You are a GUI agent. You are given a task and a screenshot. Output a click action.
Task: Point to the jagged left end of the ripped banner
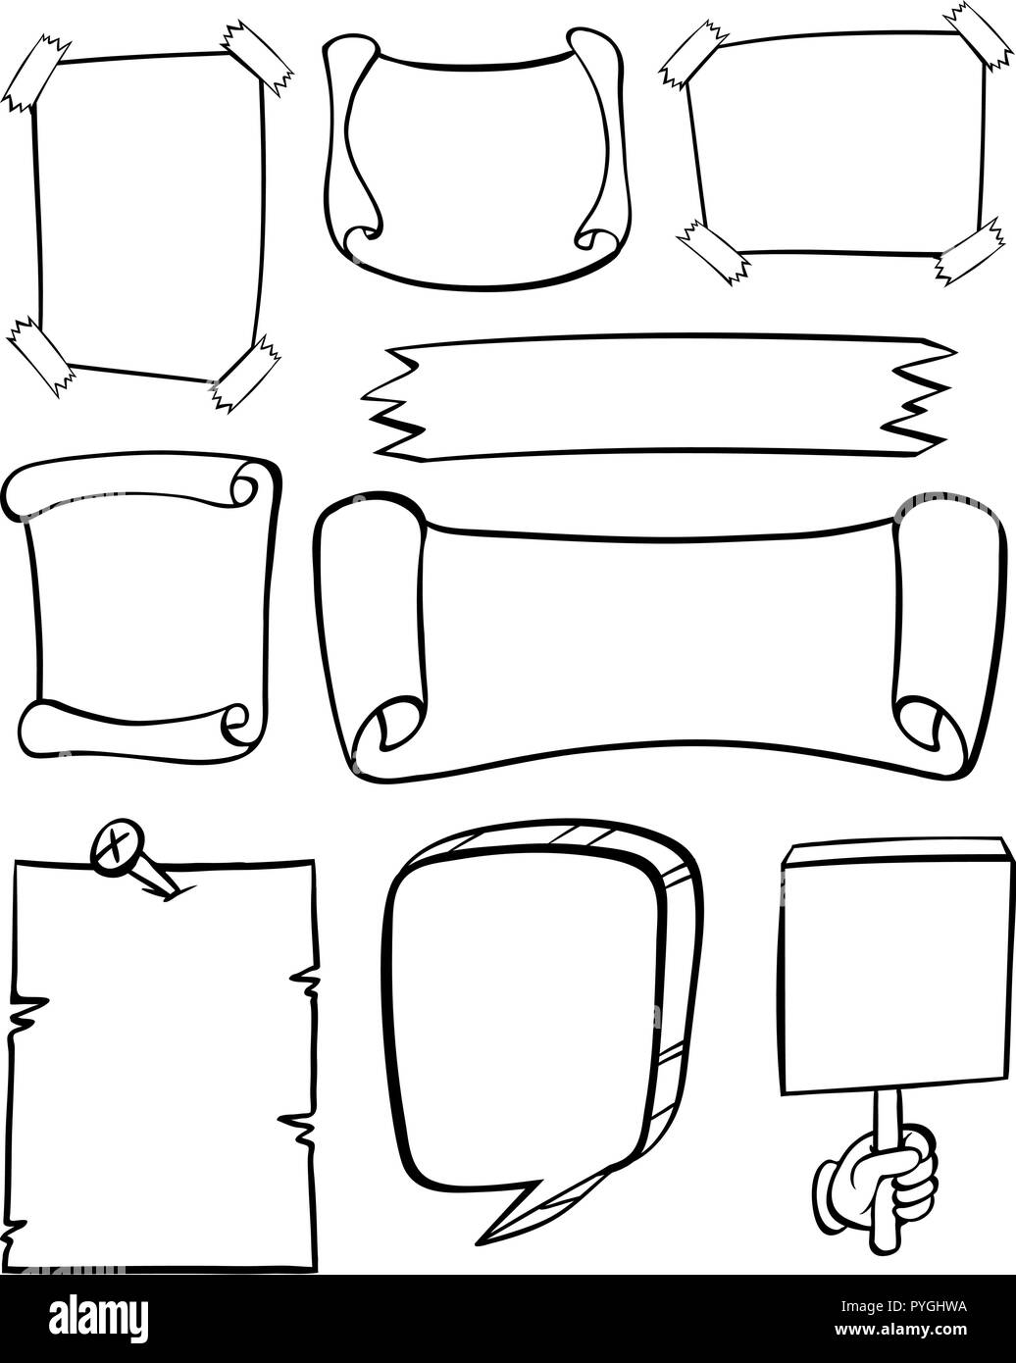coord(392,404)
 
